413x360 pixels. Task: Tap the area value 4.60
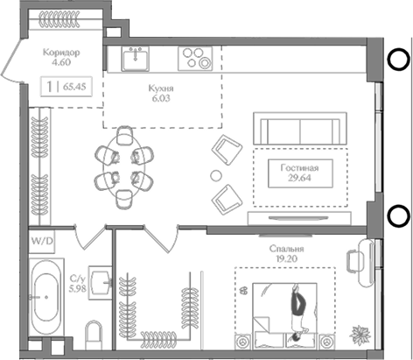point(60,62)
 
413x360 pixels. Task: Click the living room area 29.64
point(299,180)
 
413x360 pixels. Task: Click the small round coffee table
point(216,174)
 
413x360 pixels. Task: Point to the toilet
point(94,335)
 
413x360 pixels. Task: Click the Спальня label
point(286,248)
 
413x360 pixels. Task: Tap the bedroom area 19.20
point(286,259)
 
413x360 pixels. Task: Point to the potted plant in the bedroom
point(359,334)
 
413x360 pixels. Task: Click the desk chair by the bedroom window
point(354,261)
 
